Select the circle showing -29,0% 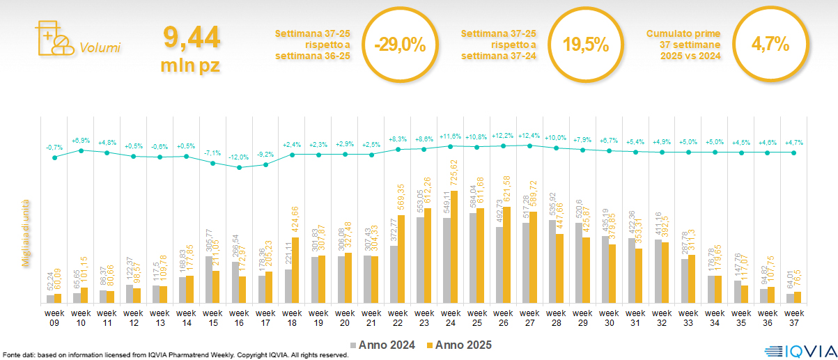pyautogui.click(x=399, y=45)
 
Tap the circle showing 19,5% pyautogui.click(x=585, y=45)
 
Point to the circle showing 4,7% pyautogui.click(x=770, y=45)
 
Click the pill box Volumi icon pyautogui.click(x=54, y=38)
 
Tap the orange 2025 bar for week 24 pyautogui.click(x=454, y=247)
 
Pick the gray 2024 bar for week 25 pyautogui.click(x=472, y=258)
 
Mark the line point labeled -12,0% pyautogui.click(x=240, y=167)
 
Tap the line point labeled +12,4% pyautogui.click(x=529, y=146)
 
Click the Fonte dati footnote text pyautogui.click(x=174, y=354)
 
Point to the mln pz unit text pyautogui.click(x=191, y=65)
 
